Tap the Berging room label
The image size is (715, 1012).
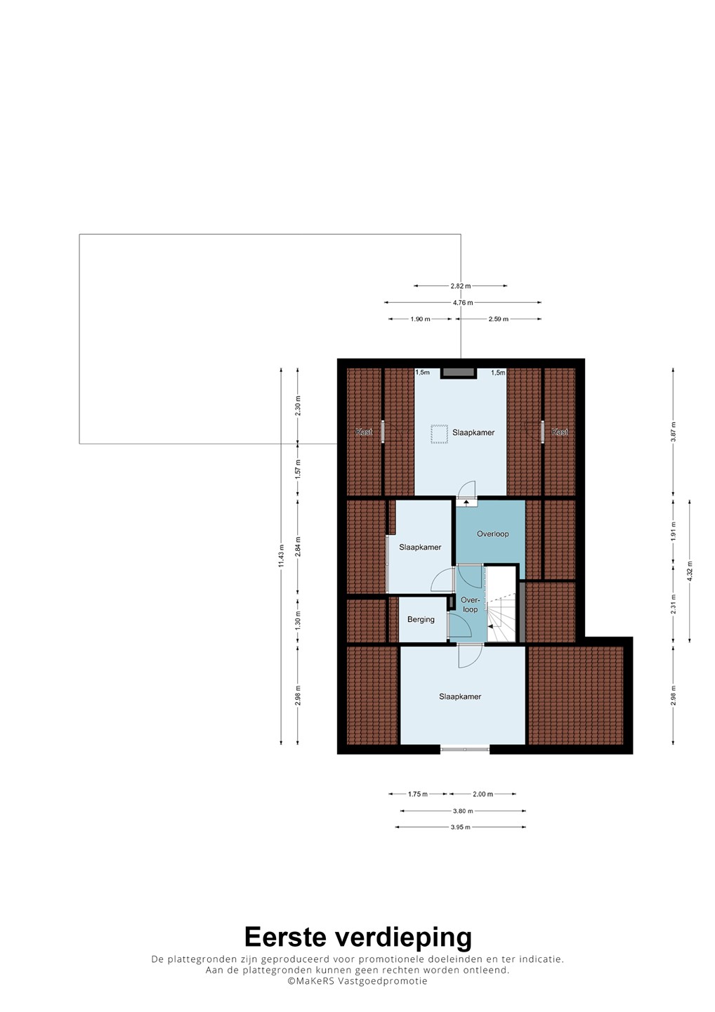421,619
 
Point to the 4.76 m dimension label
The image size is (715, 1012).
463,303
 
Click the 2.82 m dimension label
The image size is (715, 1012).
461,286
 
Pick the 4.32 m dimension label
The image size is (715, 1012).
689,570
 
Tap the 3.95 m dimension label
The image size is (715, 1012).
461,827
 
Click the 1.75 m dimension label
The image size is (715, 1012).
417,794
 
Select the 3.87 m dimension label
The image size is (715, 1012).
673,432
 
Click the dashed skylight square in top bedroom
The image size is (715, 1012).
438,434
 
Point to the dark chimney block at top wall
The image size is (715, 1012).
459,372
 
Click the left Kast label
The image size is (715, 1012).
365,432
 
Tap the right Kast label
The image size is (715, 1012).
560,432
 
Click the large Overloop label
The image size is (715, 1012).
492,534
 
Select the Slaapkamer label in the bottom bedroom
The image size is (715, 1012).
460,696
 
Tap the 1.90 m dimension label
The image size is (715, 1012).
420,319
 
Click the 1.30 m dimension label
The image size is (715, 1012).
298,620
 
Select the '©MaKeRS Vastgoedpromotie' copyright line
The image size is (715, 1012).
357,993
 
